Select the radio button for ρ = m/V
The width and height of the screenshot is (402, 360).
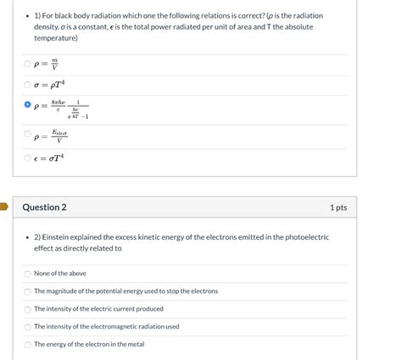[x=28, y=64]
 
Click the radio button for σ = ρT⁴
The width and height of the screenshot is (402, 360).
[x=28, y=85]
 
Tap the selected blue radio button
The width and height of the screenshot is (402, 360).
[x=28, y=107]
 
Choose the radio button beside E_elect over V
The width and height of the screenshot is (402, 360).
[x=28, y=136]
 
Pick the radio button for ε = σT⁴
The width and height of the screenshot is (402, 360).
[x=28, y=158]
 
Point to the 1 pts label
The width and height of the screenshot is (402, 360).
[x=338, y=208]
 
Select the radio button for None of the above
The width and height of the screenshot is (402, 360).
[x=28, y=274]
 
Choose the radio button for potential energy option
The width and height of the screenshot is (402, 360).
[x=28, y=291]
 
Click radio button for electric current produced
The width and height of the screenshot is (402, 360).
[x=28, y=309]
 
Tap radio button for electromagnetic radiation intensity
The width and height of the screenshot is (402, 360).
[x=28, y=327]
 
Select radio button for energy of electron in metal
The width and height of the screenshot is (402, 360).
[x=28, y=345]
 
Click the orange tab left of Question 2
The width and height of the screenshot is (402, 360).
[x=3, y=206]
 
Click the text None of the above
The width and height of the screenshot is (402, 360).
[x=60, y=274]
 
